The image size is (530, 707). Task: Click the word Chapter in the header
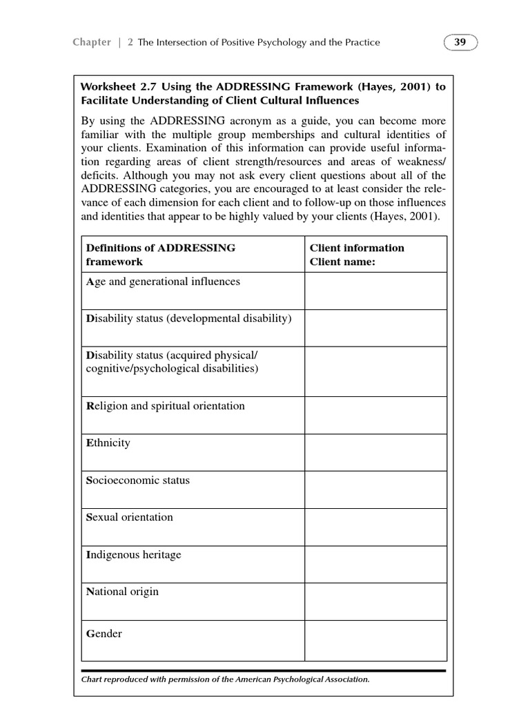91,42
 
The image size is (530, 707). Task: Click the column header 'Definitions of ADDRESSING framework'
159,255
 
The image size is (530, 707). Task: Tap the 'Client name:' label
342,262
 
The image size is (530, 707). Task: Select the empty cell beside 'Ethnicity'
375,452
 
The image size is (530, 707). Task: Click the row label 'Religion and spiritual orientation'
165,406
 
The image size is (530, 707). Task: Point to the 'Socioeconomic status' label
137,481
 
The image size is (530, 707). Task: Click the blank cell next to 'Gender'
375,639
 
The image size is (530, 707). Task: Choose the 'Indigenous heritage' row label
133,554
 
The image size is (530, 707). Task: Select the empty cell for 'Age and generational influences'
375,291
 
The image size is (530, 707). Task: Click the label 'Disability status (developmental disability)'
188,318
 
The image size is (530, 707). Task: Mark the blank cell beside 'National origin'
375,601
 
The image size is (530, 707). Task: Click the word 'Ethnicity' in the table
108,443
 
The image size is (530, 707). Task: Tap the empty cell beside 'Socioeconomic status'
375,490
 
